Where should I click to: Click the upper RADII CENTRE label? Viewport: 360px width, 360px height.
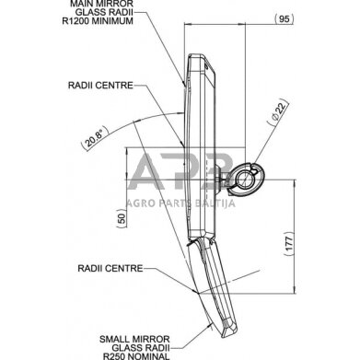coord(100,86)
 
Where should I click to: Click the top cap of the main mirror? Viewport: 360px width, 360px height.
coord(201,59)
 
